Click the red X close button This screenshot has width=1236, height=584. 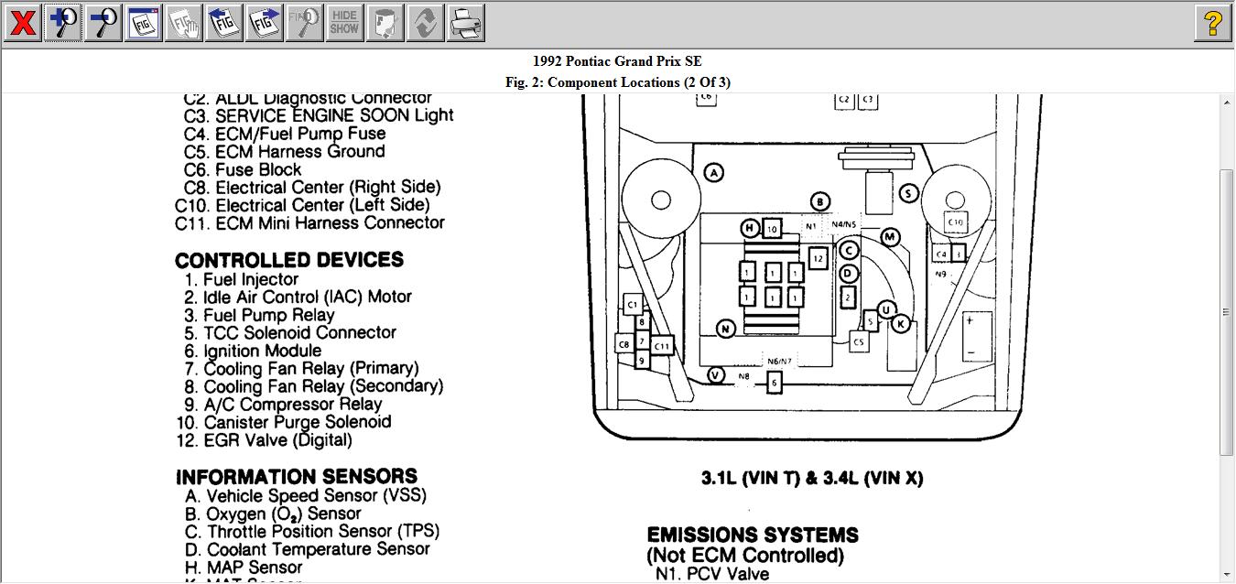click(x=22, y=23)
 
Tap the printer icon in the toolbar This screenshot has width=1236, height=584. click(x=465, y=23)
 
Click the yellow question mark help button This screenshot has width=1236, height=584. click(x=1212, y=23)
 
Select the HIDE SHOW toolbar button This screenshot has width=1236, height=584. click(x=344, y=23)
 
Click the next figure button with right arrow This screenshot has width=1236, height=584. click(x=265, y=23)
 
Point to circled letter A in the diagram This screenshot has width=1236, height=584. click(x=713, y=172)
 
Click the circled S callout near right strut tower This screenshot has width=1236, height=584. click(x=908, y=193)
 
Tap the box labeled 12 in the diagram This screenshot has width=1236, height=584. click(x=818, y=259)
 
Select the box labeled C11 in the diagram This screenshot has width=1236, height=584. click(x=662, y=346)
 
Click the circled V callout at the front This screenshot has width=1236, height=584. click(x=716, y=375)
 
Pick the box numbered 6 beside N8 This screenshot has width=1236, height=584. click(x=775, y=383)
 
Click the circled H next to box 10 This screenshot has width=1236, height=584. click(x=750, y=228)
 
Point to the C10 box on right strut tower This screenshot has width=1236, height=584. click(x=955, y=222)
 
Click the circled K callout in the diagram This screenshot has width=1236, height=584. click(x=901, y=324)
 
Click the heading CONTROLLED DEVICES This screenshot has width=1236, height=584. click(x=289, y=260)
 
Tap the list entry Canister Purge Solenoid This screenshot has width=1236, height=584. click(x=297, y=422)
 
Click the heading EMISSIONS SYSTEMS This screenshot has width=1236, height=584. click(x=753, y=535)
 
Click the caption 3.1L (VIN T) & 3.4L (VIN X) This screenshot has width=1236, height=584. click(x=812, y=478)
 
